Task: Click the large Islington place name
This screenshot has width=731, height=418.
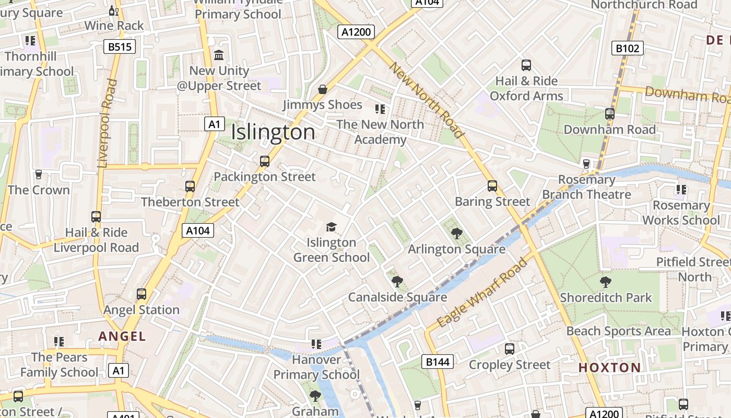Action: [x=273, y=132]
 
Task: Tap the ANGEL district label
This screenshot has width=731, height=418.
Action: [x=122, y=336]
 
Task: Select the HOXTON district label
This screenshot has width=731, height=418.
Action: [x=609, y=367]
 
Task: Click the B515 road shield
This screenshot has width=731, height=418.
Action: [x=120, y=47]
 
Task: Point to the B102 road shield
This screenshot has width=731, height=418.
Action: [x=627, y=49]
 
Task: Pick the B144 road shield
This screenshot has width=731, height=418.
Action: [x=437, y=362]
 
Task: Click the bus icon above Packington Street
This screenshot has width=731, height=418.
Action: [x=265, y=161]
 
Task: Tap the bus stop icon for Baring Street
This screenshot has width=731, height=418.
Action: [x=492, y=186]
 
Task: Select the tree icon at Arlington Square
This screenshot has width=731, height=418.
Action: [x=457, y=234]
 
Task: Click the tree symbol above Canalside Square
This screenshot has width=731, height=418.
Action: [x=397, y=282]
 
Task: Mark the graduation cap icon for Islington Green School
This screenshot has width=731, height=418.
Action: [x=331, y=227]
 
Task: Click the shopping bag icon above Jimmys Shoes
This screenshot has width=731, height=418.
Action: [x=323, y=89]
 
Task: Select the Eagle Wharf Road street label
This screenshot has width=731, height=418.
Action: [x=482, y=293]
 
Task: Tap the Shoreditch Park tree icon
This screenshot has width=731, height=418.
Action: [x=606, y=282]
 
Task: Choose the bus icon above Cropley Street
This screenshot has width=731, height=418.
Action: [x=510, y=349]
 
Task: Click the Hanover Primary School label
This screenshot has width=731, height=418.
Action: [x=316, y=367]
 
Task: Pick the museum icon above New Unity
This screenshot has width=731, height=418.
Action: [x=219, y=55]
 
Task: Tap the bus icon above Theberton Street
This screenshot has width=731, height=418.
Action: [x=190, y=187]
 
